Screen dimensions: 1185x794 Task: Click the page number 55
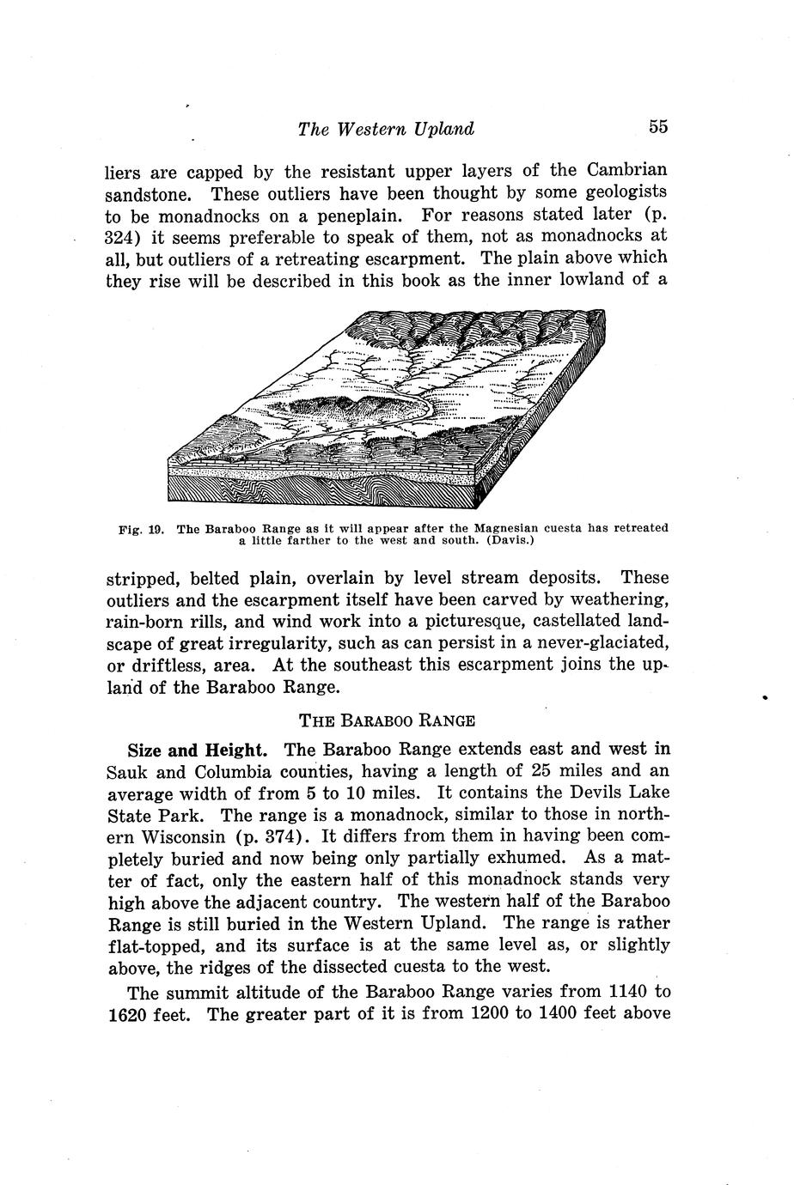pos(658,127)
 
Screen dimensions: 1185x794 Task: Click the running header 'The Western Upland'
pos(386,130)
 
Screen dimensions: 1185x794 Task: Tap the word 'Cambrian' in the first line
pos(628,170)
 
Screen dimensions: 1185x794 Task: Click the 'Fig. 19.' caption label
pos(141,528)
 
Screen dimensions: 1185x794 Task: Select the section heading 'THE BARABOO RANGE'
pos(386,718)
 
